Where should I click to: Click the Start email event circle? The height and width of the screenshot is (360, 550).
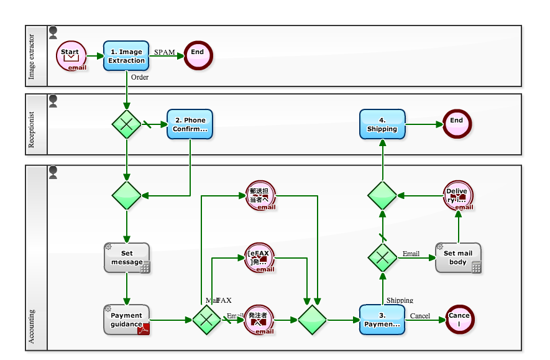point(71,57)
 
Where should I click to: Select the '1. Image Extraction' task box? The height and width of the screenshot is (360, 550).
point(126,57)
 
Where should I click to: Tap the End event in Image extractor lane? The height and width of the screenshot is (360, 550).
point(198,57)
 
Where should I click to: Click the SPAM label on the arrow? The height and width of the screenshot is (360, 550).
point(165,52)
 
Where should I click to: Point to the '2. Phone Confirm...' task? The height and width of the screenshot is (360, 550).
point(190,124)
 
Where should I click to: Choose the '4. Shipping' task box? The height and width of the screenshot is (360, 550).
point(382,124)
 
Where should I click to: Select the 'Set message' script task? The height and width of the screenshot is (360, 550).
point(127,257)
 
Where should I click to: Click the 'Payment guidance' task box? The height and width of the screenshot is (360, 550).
point(127,320)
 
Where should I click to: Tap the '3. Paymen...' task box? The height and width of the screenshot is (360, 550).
point(382,320)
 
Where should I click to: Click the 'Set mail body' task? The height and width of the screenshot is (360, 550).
point(458,257)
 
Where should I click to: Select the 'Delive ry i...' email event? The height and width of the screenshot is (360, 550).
point(458,195)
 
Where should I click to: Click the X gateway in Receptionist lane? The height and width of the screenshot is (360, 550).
point(127,124)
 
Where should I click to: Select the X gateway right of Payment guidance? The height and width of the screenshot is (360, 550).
point(206,320)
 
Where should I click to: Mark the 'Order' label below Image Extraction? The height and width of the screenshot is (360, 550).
point(140,78)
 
